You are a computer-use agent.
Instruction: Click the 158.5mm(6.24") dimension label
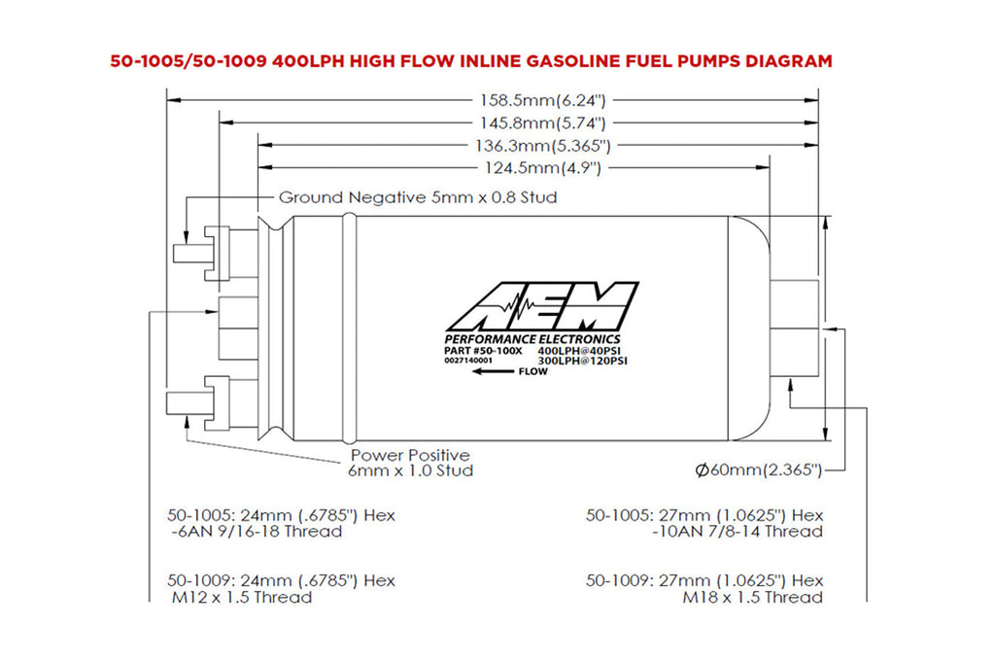coord(544,98)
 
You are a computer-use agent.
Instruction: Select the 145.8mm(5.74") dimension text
coord(544,122)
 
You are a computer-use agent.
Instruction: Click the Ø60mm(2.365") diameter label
coord(759,470)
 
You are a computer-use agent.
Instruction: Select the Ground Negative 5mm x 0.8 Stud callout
coord(418,197)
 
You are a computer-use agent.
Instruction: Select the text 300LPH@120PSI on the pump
coord(581,361)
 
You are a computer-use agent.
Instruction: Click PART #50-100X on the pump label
coord(483,349)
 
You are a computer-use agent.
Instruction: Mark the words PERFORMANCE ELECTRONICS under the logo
coord(532,337)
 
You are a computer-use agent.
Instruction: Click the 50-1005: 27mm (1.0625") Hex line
coord(704,514)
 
